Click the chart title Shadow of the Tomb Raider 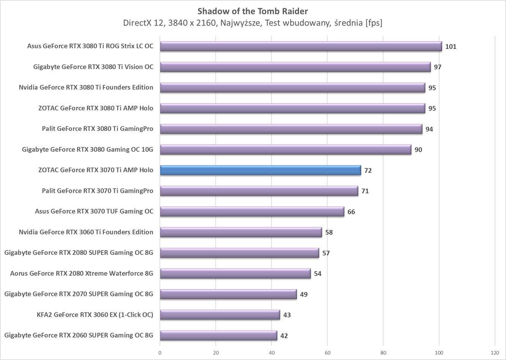click(252, 11)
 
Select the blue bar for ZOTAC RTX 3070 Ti click(260, 170)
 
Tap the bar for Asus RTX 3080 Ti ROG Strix click(301, 46)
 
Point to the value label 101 click(451, 47)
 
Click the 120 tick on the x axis click(495, 352)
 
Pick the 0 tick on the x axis click(160, 352)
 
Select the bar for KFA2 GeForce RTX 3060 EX click(220, 315)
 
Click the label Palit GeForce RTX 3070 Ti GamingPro click(98, 191)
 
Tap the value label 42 click(284, 336)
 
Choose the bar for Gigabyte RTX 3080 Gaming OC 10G click(285, 149)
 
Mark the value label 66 click(351, 212)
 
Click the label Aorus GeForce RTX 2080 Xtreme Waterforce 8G click(82, 274)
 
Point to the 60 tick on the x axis click(327, 352)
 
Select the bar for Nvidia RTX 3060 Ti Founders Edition click(241, 232)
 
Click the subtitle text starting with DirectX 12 click(252, 23)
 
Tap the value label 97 click(438, 67)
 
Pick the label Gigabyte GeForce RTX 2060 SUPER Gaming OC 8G click(79, 335)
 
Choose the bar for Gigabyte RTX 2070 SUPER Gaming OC click(228, 294)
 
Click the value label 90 click(418, 150)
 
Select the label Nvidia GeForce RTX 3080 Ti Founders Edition click(86, 87)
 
